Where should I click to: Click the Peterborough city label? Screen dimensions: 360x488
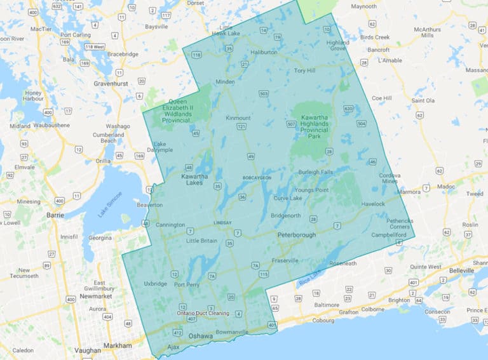(x=296, y=235)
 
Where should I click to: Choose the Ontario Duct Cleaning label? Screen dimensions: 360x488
(x=203, y=314)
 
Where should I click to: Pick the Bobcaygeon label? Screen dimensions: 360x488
(x=257, y=178)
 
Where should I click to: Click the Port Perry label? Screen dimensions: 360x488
(x=187, y=284)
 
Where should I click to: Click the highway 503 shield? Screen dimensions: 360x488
(x=264, y=94)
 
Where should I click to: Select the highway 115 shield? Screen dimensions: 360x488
(x=263, y=274)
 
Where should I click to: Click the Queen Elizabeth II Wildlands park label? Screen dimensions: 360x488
(x=181, y=110)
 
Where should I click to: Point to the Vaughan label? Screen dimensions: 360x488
(x=87, y=350)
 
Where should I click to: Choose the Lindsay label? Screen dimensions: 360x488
(x=222, y=223)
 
